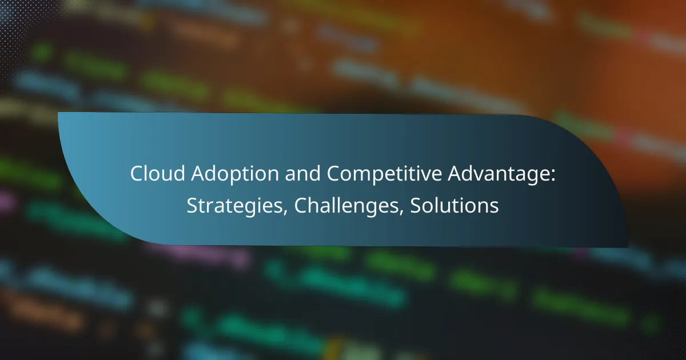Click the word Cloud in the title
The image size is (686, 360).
[151, 174]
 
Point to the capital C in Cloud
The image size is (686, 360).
[135, 174]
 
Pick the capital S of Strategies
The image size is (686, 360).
[192, 206]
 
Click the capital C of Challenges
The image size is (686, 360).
[300, 206]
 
